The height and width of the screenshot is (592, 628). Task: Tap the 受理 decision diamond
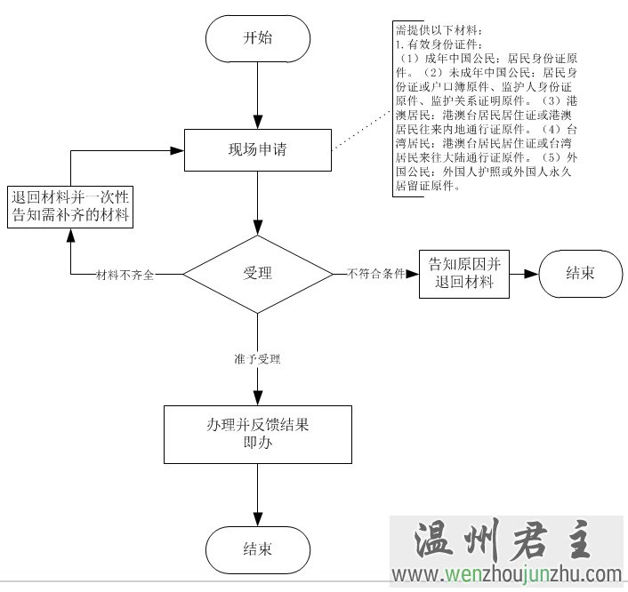(x=257, y=273)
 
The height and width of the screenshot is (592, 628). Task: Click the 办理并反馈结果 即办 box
(x=257, y=434)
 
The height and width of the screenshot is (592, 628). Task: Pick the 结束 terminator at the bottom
(x=257, y=548)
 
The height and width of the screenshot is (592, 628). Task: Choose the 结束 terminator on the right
(x=580, y=273)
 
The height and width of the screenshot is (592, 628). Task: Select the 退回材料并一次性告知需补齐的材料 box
(x=70, y=205)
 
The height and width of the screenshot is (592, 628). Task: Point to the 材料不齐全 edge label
(x=125, y=275)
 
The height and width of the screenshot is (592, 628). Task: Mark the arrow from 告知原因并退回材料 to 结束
(x=524, y=273)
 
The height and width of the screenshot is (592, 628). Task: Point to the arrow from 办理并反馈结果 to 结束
(x=257, y=494)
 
